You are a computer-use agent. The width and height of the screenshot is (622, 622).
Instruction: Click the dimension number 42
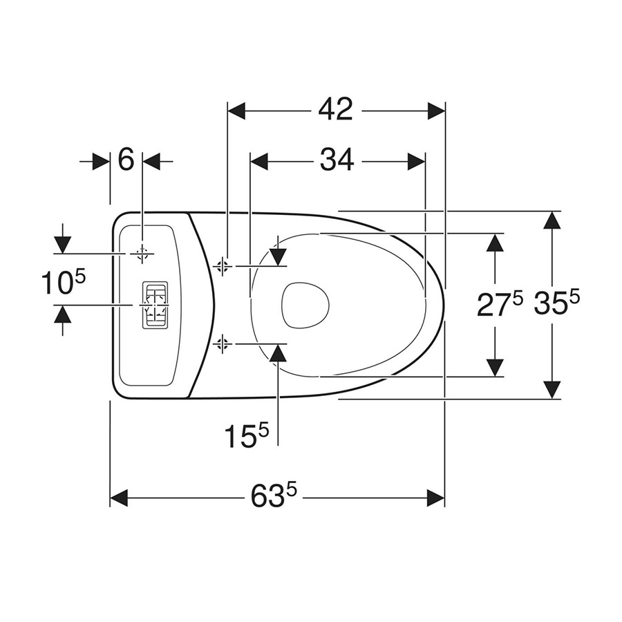[x=335, y=110]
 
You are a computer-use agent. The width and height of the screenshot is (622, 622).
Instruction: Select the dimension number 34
[x=337, y=160]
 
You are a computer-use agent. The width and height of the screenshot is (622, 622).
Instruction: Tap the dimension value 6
[x=126, y=160]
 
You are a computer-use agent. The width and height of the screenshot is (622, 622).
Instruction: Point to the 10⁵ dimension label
[x=64, y=283]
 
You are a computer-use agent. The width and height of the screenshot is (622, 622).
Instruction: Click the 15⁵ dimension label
[x=247, y=435]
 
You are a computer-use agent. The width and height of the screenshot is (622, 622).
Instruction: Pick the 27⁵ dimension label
[x=500, y=304]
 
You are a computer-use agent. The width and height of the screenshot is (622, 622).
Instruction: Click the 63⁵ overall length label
[x=274, y=496]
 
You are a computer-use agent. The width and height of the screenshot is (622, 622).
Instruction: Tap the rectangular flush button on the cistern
[x=155, y=305]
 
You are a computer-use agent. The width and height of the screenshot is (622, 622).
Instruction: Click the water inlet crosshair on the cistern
[x=142, y=254]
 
